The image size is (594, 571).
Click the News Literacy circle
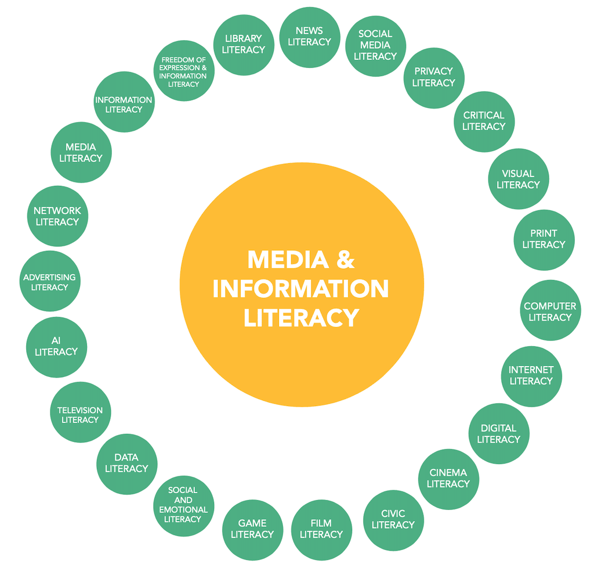[309, 37]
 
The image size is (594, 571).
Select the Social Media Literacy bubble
[375, 45]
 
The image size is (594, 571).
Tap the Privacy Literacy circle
[433, 77]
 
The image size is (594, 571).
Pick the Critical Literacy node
[484, 121]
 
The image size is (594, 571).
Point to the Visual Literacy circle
[518, 179]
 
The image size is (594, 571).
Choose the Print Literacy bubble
[544, 239]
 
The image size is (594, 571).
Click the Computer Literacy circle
[550, 311]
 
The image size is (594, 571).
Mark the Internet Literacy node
[531, 375]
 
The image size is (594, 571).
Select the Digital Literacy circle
[498, 433]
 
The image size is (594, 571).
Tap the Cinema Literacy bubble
[448, 478]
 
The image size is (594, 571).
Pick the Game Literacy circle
[252, 529]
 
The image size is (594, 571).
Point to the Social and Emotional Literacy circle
[183, 504]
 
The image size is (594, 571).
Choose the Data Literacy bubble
[126, 464]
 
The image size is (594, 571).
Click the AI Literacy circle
[56, 346]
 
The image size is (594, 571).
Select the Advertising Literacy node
[49, 282]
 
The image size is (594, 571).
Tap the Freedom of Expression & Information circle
[183, 71]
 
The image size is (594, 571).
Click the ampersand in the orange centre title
[345, 260]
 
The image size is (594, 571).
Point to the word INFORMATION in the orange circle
[300, 289]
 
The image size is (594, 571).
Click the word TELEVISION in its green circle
[80, 410]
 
